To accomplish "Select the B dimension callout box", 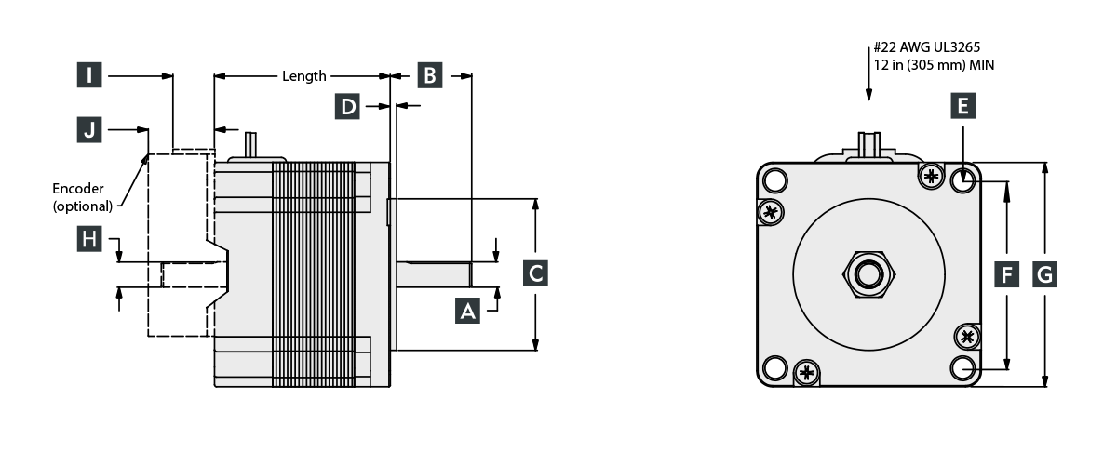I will pyautogui.click(x=429, y=75).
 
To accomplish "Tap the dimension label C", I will pyautogui.click(x=534, y=273).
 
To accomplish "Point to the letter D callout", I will pyautogui.click(x=348, y=107).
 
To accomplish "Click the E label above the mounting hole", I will pyautogui.click(x=963, y=107).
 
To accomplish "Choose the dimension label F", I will pyautogui.click(x=1006, y=273).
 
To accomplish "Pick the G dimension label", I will pyautogui.click(x=1044, y=273).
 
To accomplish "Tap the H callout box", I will pyautogui.click(x=88, y=240).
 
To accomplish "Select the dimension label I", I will pyautogui.click(x=88, y=75).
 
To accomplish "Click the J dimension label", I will pyautogui.click(x=88, y=130).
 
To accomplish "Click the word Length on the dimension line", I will pyautogui.click(x=304, y=76).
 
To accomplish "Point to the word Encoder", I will pyautogui.click(x=78, y=188).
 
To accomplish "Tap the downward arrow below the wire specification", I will pyautogui.click(x=868, y=88).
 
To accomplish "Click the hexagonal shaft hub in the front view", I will pyautogui.click(x=868, y=273).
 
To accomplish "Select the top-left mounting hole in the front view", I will pyautogui.click(x=774, y=179).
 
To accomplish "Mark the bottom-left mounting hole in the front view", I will pyautogui.click(x=774, y=367).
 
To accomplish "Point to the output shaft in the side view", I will pyautogui.click(x=436, y=274).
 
